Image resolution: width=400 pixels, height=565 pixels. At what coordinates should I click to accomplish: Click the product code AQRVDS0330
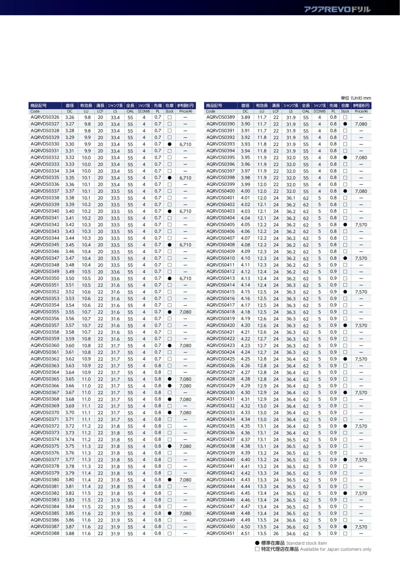pos(45,144)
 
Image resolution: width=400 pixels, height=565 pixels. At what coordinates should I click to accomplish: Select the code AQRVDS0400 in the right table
pos(220,191)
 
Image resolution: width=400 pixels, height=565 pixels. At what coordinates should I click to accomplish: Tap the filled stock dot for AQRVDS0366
pos(169,386)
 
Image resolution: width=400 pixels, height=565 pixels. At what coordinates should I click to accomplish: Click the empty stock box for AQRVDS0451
pos(345,533)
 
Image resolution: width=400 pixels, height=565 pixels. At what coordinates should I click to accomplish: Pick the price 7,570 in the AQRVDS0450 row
pos(361,527)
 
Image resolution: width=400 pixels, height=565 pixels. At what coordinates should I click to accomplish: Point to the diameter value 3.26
pos(70,117)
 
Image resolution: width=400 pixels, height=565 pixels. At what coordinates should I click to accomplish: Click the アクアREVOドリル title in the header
pos(337,9)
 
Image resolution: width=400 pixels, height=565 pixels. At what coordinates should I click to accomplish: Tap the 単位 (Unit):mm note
pos(356,98)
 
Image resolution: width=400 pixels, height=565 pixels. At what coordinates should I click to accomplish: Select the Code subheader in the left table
pos(35,111)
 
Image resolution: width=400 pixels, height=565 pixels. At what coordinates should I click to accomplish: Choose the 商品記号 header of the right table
pos(214,106)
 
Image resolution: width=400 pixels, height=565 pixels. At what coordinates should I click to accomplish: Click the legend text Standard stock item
pos(306,543)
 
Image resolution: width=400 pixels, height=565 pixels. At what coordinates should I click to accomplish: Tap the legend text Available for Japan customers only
pos(335,549)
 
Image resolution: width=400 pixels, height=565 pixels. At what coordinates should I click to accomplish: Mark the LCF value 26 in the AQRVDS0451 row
pos(276,533)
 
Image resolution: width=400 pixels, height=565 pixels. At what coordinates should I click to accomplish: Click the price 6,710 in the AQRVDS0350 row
pos(185,278)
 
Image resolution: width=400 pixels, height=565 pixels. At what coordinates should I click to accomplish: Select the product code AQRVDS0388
pos(45,533)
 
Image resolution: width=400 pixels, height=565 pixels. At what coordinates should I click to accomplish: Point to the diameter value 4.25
pos(245,359)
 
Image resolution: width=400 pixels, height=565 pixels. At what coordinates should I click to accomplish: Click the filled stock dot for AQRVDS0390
pos(345,124)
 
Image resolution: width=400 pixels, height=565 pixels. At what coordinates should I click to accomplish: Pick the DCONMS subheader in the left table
pos(144,111)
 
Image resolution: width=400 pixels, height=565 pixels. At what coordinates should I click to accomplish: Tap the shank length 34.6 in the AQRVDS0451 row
pos(291,533)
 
